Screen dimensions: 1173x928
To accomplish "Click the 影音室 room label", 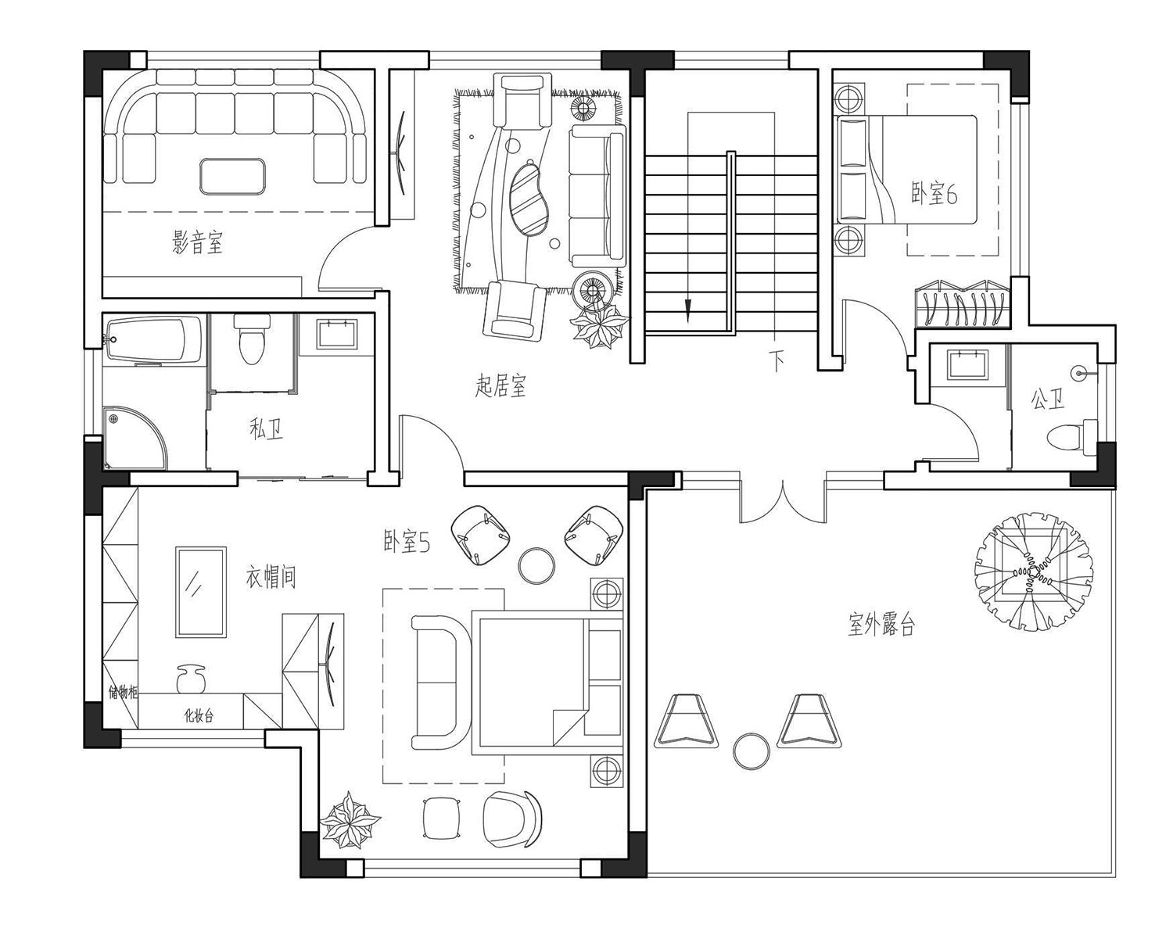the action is coord(198,242).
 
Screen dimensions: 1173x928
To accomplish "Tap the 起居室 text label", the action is coord(500,385).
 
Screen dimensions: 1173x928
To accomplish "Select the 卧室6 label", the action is coord(934,193).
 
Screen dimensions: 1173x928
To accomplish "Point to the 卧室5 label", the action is coord(407,542).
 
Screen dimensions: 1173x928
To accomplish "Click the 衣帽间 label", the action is coord(271,576).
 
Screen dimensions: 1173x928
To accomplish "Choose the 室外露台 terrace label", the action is coord(881,625).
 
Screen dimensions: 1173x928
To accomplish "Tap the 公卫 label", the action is coord(1048,400).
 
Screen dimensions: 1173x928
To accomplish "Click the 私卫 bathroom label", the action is coord(267,429).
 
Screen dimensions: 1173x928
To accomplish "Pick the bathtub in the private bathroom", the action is coord(154,339).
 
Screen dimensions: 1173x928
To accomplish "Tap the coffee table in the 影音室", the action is coord(233,177).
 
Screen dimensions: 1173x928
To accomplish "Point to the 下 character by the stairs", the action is coord(777,360).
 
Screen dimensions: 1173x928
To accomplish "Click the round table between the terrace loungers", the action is coord(752,751).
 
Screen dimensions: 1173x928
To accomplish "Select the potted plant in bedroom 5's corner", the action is coord(349,820).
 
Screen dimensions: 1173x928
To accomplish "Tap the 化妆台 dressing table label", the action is coord(199,716).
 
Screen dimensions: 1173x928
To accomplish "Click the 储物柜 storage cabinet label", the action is coord(123,693).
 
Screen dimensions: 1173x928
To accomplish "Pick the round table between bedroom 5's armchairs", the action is coord(536,566).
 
